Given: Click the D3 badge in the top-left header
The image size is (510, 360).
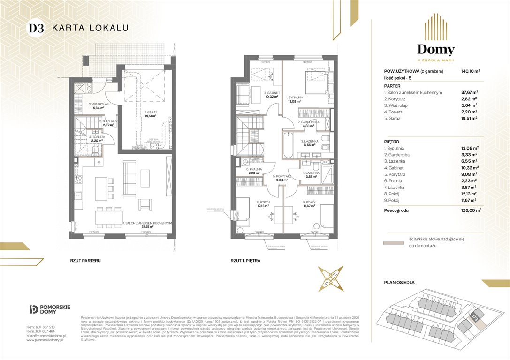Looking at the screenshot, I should point(36,28).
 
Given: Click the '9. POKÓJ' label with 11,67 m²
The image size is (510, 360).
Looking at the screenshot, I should point(308,203).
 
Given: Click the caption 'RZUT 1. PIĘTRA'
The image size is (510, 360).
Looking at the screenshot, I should point(245,260).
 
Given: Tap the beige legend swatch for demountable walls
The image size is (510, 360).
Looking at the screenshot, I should point(393,243).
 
